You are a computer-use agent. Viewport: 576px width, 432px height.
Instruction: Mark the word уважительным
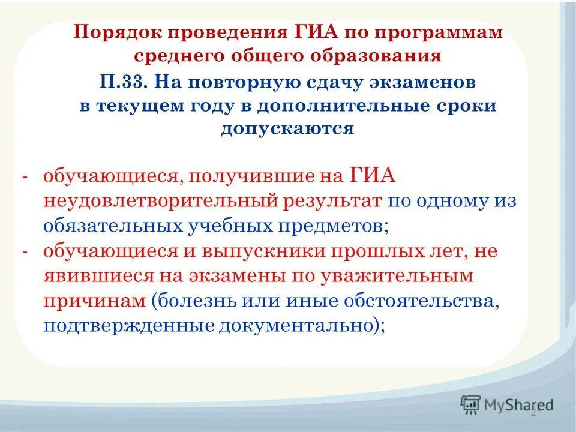(x=404, y=276)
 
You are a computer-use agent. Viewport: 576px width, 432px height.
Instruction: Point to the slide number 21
(x=536, y=413)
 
